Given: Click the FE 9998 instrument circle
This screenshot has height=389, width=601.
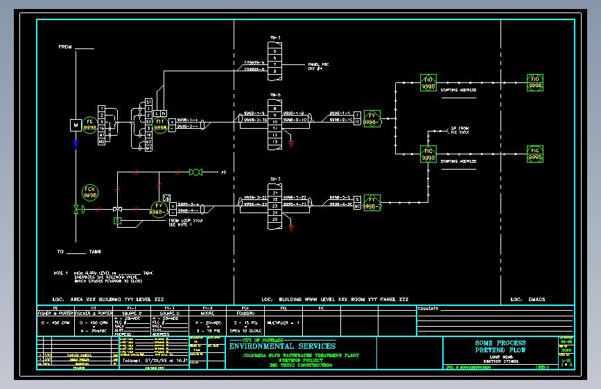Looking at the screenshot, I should click(x=89, y=125).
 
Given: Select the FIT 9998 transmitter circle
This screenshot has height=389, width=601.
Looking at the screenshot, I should click(x=161, y=125).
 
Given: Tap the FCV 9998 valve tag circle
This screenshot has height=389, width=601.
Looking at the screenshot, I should click(x=90, y=192).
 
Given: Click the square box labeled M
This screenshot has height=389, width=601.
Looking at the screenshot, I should click(x=76, y=125).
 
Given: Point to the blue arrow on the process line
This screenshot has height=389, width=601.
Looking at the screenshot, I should click(x=76, y=144).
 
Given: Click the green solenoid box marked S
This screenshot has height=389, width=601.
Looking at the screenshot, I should click(x=118, y=220).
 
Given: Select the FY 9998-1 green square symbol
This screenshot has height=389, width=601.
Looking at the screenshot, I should click(x=372, y=118).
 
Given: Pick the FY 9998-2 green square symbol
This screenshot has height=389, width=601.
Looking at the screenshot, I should click(x=372, y=202).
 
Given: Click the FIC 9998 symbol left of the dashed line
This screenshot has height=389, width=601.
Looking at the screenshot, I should click(x=428, y=154).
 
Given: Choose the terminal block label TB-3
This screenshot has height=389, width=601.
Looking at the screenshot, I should click(x=275, y=37).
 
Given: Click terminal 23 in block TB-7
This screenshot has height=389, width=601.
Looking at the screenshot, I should click(x=275, y=206).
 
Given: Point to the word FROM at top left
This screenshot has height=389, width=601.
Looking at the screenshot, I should click(x=66, y=47).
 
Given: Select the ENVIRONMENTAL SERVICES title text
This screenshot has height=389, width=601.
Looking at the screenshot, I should click(x=282, y=346).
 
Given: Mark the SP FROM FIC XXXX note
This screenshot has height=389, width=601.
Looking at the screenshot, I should click(x=460, y=129).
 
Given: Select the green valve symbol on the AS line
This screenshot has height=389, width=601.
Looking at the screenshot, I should click(x=195, y=172).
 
